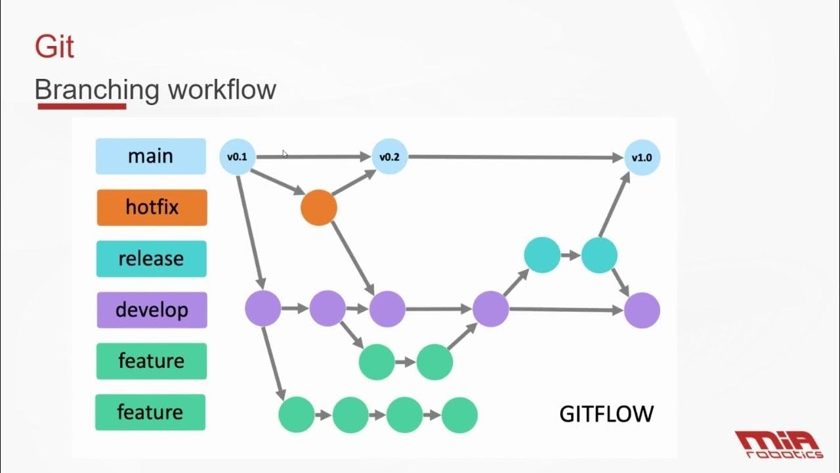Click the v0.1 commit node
point(237,157)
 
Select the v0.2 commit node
point(390,157)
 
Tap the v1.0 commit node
point(642,158)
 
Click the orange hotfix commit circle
point(319,208)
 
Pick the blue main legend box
point(151,156)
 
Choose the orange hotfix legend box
point(152,208)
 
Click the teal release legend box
point(152,259)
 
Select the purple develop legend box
point(152,310)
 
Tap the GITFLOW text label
point(606,414)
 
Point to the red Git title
point(54,48)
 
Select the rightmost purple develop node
point(642,310)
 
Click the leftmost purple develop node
point(263,309)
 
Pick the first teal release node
point(543,256)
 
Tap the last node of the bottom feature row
point(459,415)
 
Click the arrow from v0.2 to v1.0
point(515,158)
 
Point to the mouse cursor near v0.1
point(285,154)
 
